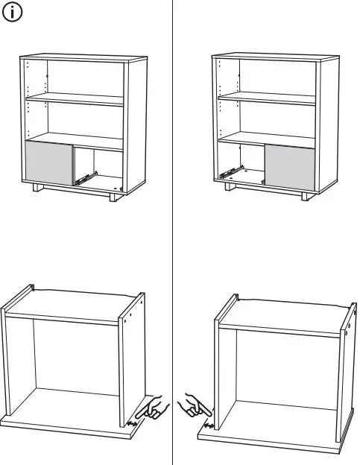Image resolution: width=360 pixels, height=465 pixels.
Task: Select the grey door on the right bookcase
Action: (x=290, y=164)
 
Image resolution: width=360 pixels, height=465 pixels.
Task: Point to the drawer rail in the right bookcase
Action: (x=232, y=172)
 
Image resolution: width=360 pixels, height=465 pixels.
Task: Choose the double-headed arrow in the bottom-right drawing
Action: (x=209, y=426)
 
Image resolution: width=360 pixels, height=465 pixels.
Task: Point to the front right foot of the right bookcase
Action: (x=305, y=198)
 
